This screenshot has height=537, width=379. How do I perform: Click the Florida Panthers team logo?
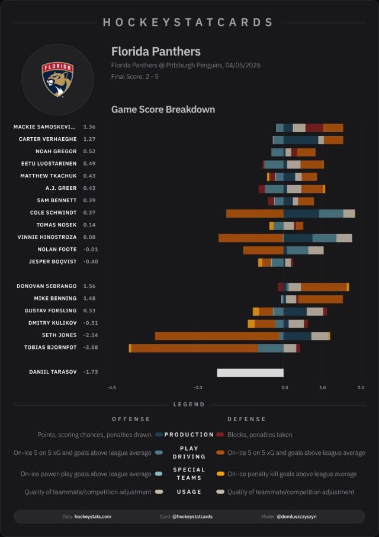coord(57,79)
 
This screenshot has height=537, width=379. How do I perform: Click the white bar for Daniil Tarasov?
coord(250,373)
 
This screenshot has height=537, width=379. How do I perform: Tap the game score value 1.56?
coord(89,286)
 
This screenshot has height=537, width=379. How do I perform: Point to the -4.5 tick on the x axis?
coord(112,388)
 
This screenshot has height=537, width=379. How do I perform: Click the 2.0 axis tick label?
coord(361,388)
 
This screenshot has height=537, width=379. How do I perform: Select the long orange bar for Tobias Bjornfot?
coord(194,348)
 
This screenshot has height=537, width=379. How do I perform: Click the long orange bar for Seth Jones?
coord(217,336)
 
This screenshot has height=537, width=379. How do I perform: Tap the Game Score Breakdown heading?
coord(163,109)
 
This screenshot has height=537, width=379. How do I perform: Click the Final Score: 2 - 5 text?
coord(134,77)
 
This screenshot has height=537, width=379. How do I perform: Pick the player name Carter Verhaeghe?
coord(48,139)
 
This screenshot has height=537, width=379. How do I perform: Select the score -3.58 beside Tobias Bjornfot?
coord(91,348)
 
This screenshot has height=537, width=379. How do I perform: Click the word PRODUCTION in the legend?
coord(189,435)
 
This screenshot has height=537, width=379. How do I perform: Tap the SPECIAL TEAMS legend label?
coord(189,474)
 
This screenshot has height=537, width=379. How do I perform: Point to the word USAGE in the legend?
coord(189,492)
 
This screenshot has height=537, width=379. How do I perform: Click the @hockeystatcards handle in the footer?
coord(192,516)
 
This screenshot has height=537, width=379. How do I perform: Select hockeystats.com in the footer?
coord(93,516)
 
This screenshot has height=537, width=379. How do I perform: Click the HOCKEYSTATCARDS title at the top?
coord(188,22)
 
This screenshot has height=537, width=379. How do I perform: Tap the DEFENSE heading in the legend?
coord(246,419)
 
